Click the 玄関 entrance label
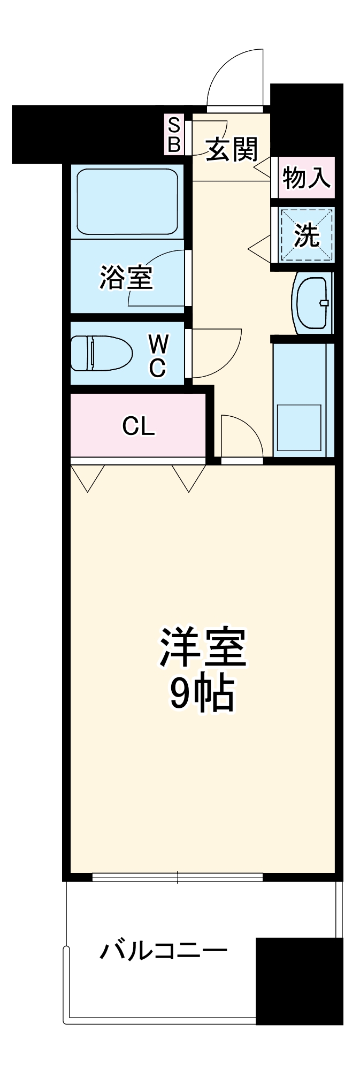point(232,149)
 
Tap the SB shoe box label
point(175,135)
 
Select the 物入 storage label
point(306,177)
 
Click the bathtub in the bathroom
point(127,201)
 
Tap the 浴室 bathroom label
point(126,277)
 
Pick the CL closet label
point(139,426)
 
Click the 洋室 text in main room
point(202,648)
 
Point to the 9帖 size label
point(202,694)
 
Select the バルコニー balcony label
point(164,951)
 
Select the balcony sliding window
point(177,877)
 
